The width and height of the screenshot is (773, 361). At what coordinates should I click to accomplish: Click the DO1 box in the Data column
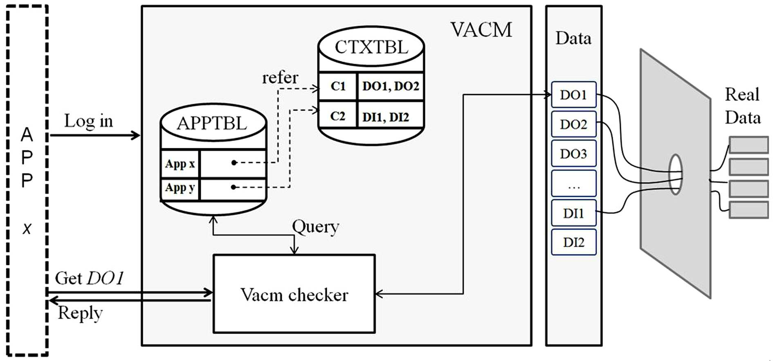(573, 94)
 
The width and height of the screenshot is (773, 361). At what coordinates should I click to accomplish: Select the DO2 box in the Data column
(573, 124)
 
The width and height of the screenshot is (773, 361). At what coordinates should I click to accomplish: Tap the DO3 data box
(573, 154)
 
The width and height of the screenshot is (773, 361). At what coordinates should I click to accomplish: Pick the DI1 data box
(573, 213)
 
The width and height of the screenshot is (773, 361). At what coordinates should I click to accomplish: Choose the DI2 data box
(573, 242)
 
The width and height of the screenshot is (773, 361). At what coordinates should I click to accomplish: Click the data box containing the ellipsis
(573, 183)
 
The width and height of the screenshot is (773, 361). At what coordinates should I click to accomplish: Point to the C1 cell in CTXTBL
(338, 86)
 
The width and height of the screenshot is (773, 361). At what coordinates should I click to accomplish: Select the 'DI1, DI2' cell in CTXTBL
(391, 117)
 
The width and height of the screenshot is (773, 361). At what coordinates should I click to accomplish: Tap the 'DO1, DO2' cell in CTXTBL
(391, 86)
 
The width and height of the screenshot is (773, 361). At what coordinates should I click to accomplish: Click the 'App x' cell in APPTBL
(180, 164)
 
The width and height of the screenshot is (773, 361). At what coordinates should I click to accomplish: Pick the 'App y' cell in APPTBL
(180, 188)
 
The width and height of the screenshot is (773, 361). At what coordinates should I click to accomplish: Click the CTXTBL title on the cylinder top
(371, 47)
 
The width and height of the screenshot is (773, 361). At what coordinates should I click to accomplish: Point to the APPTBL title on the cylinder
(212, 123)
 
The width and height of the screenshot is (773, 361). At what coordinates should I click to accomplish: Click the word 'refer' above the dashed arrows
(280, 78)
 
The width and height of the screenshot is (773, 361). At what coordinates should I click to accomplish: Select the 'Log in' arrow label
(88, 121)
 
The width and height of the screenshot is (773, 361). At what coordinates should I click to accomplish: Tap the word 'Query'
(315, 227)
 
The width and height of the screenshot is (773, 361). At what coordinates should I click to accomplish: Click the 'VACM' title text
(481, 30)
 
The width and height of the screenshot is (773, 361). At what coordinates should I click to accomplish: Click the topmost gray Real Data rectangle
(749, 145)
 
